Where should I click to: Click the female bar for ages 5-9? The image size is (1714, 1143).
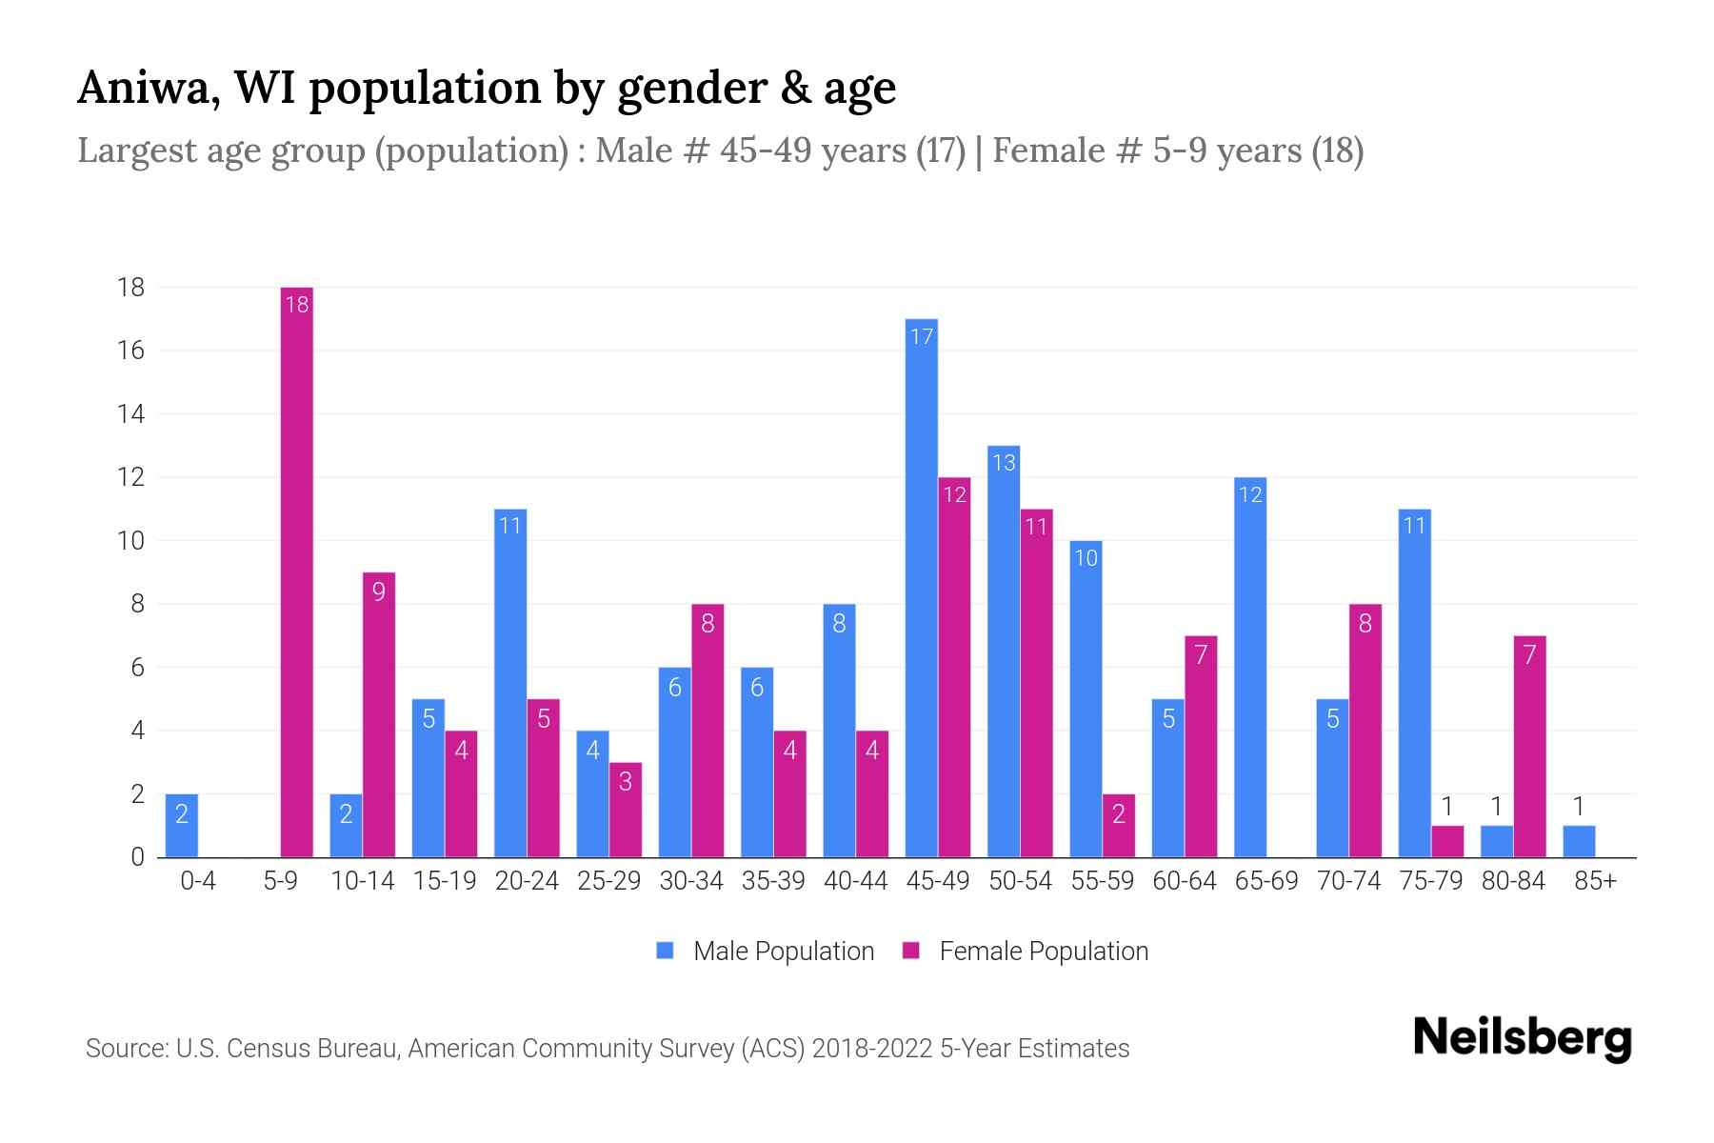(x=297, y=571)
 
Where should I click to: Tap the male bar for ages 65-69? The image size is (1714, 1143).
(x=1249, y=667)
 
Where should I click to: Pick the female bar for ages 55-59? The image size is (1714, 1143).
(x=1119, y=826)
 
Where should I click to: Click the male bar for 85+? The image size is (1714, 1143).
(x=1579, y=841)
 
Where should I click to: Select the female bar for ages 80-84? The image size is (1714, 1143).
(x=1529, y=748)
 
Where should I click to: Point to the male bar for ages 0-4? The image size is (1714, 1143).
(x=182, y=826)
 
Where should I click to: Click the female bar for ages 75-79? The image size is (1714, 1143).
(x=1447, y=841)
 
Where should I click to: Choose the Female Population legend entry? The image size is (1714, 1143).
(x=1026, y=951)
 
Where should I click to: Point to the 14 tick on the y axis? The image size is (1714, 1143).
(x=131, y=414)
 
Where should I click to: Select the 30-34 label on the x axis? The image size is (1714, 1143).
(x=691, y=881)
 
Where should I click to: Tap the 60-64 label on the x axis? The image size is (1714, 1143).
(x=1185, y=881)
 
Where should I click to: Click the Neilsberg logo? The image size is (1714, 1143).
(x=1522, y=1038)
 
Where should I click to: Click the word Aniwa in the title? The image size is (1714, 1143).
(x=144, y=89)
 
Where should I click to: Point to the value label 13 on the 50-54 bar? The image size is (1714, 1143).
(x=1004, y=463)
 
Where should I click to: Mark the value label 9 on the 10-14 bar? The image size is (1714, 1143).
(x=379, y=592)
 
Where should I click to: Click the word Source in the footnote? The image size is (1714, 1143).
(x=126, y=1049)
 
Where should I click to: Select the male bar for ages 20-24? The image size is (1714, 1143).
(x=510, y=684)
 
